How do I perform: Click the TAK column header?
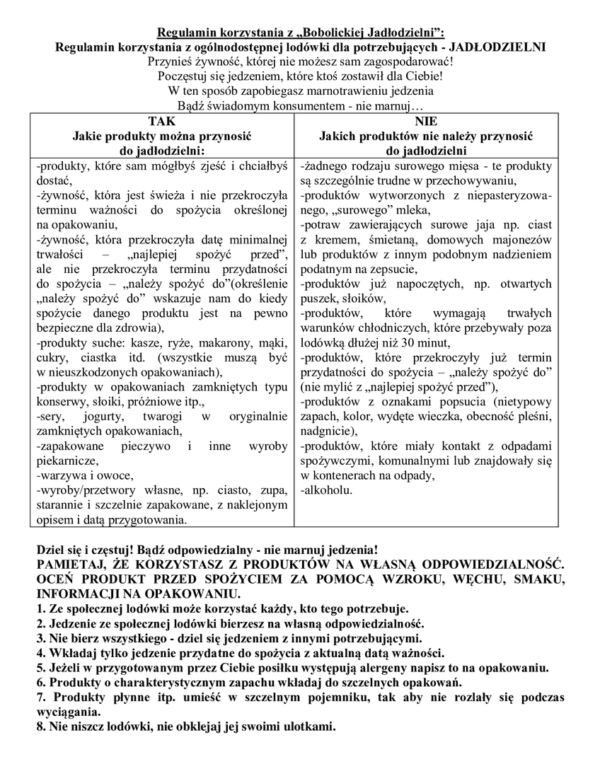tap(161, 122)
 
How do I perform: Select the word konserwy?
tap(60, 402)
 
